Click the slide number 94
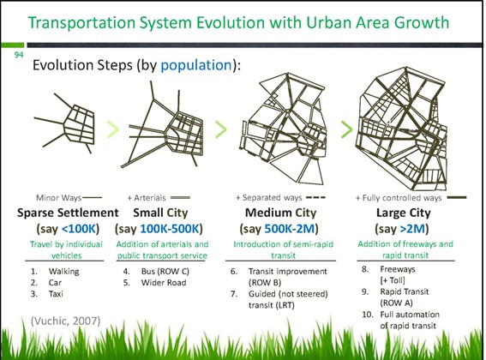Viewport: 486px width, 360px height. click(19, 55)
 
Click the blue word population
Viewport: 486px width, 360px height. click(196, 65)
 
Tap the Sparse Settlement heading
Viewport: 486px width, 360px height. click(68, 213)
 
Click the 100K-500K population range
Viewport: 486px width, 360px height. click(169, 229)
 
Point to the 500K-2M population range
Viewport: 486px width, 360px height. click(290, 229)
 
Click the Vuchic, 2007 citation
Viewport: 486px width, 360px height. click(66, 321)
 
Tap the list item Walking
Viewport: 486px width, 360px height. click(63, 272)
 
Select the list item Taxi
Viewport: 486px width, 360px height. click(56, 294)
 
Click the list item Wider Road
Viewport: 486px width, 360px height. click(164, 283)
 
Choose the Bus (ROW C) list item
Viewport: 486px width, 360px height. click(165, 272)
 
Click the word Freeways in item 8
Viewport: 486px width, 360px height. click(398, 269)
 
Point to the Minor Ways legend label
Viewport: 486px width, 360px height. click(58, 198)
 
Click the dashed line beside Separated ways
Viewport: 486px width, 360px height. click(315, 197)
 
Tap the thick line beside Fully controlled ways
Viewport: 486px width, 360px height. click(457, 197)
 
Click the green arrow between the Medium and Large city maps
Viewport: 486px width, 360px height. click(346, 129)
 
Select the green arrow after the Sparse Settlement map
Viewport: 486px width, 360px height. click(113, 129)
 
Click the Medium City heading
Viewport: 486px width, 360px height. click(281, 213)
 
